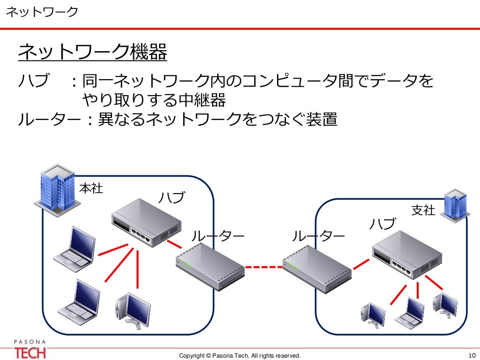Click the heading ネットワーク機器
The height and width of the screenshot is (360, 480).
pos(92,52)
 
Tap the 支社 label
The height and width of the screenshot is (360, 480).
pos(423,210)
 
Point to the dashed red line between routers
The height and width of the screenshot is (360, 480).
pos(263,267)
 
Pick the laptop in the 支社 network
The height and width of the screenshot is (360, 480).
pos(411,312)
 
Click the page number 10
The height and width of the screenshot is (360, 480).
pos(471,355)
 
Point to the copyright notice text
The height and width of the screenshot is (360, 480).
pos(240,355)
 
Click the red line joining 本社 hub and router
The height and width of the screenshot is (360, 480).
pos(174,244)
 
